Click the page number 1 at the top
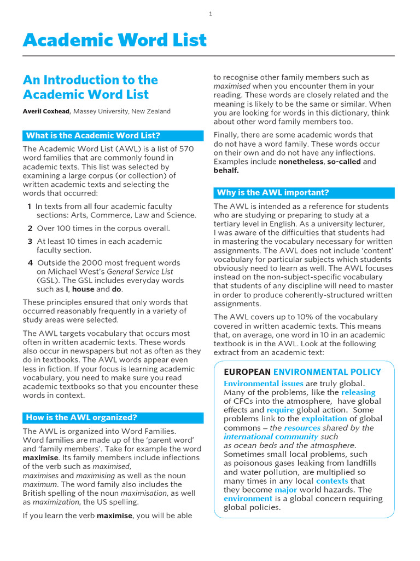211,14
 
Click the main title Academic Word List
115,40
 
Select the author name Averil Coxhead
46,111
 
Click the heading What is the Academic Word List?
93,136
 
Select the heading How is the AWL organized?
81,417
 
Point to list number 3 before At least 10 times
30,241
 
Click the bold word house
83,289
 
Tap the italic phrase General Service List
139,272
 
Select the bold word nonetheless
301,162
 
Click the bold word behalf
226,170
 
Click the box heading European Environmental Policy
302,372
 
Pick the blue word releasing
358,392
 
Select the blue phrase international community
271,437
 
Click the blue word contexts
332,480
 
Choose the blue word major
286,489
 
